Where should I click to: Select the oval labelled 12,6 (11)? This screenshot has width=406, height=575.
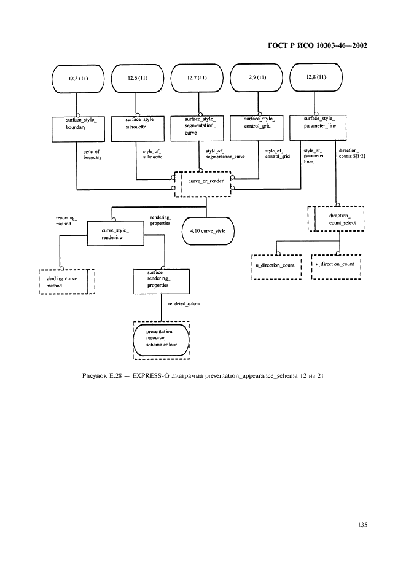[138, 79]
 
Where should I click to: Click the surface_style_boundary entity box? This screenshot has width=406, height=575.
[76, 124]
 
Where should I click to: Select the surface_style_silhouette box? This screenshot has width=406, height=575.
[136, 124]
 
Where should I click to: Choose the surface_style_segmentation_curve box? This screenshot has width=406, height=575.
[200, 128]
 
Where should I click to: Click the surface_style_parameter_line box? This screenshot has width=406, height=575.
[320, 124]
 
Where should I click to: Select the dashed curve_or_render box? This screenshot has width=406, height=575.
[203, 183]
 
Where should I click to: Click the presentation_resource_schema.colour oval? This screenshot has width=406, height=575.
[161, 338]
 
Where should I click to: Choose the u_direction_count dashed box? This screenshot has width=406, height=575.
[275, 266]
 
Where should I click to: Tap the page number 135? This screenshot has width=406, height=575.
[361, 525]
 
